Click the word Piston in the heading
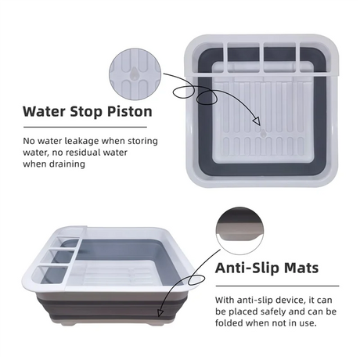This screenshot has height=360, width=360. [130, 112]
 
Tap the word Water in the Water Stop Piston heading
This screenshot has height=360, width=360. [44, 111]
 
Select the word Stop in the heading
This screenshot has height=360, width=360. [86, 112]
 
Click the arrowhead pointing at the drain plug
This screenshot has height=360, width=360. [257, 121]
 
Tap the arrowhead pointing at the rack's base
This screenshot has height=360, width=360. [160, 313]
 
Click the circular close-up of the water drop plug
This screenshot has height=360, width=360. [135, 74]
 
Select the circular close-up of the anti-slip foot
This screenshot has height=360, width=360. [239, 231]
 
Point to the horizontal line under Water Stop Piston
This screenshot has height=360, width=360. [85, 128]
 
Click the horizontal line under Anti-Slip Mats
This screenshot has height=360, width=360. [277, 286]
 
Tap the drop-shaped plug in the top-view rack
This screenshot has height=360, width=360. [264, 133]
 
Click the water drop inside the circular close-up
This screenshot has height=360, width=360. [134, 74]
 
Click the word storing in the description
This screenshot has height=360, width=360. [142, 141]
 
